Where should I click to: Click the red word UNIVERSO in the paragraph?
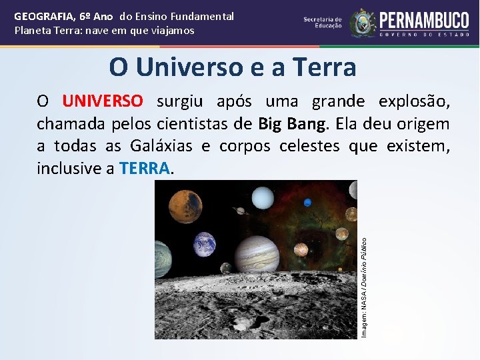click(x=102, y=101)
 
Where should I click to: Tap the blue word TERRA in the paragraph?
click(x=145, y=169)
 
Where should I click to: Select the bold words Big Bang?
click(x=294, y=124)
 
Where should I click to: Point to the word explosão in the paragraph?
click(x=413, y=101)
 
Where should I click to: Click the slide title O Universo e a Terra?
click(x=233, y=67)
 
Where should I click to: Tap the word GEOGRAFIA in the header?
click(x=43, y=16)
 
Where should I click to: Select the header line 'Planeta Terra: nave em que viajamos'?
click(x=105, y=31)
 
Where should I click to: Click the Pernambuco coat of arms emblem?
click(x=363, y=22)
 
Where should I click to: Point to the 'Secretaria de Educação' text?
click(x=323, y=22)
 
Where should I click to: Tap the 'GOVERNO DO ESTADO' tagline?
click(x=424, y=33)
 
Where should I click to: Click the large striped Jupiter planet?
click(x=256, y=253)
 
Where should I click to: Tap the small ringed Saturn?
click(x=241, y=211)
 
